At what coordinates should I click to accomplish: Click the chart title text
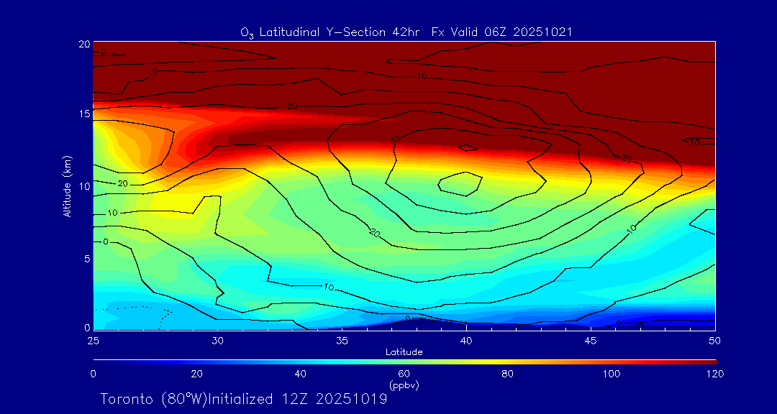click(406, 32)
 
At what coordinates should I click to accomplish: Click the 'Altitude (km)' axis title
click(67, 186)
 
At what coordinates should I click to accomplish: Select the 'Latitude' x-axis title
click(404, 351)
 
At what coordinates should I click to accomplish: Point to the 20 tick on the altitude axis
click(83, 44)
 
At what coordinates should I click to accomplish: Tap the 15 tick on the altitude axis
click(83, 114)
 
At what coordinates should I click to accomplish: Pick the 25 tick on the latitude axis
click(93, 340)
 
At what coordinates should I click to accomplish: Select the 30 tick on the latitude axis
click(218, 340)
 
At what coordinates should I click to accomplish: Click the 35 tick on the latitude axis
click(342, 340)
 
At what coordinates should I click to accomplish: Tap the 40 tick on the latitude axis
click(467, 340)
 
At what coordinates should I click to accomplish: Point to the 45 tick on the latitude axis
click(591, 340)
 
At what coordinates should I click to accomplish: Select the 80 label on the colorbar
click(508, 374)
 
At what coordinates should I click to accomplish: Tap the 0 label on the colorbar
click(93, 374)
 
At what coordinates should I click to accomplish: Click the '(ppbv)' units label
click(404, 385)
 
